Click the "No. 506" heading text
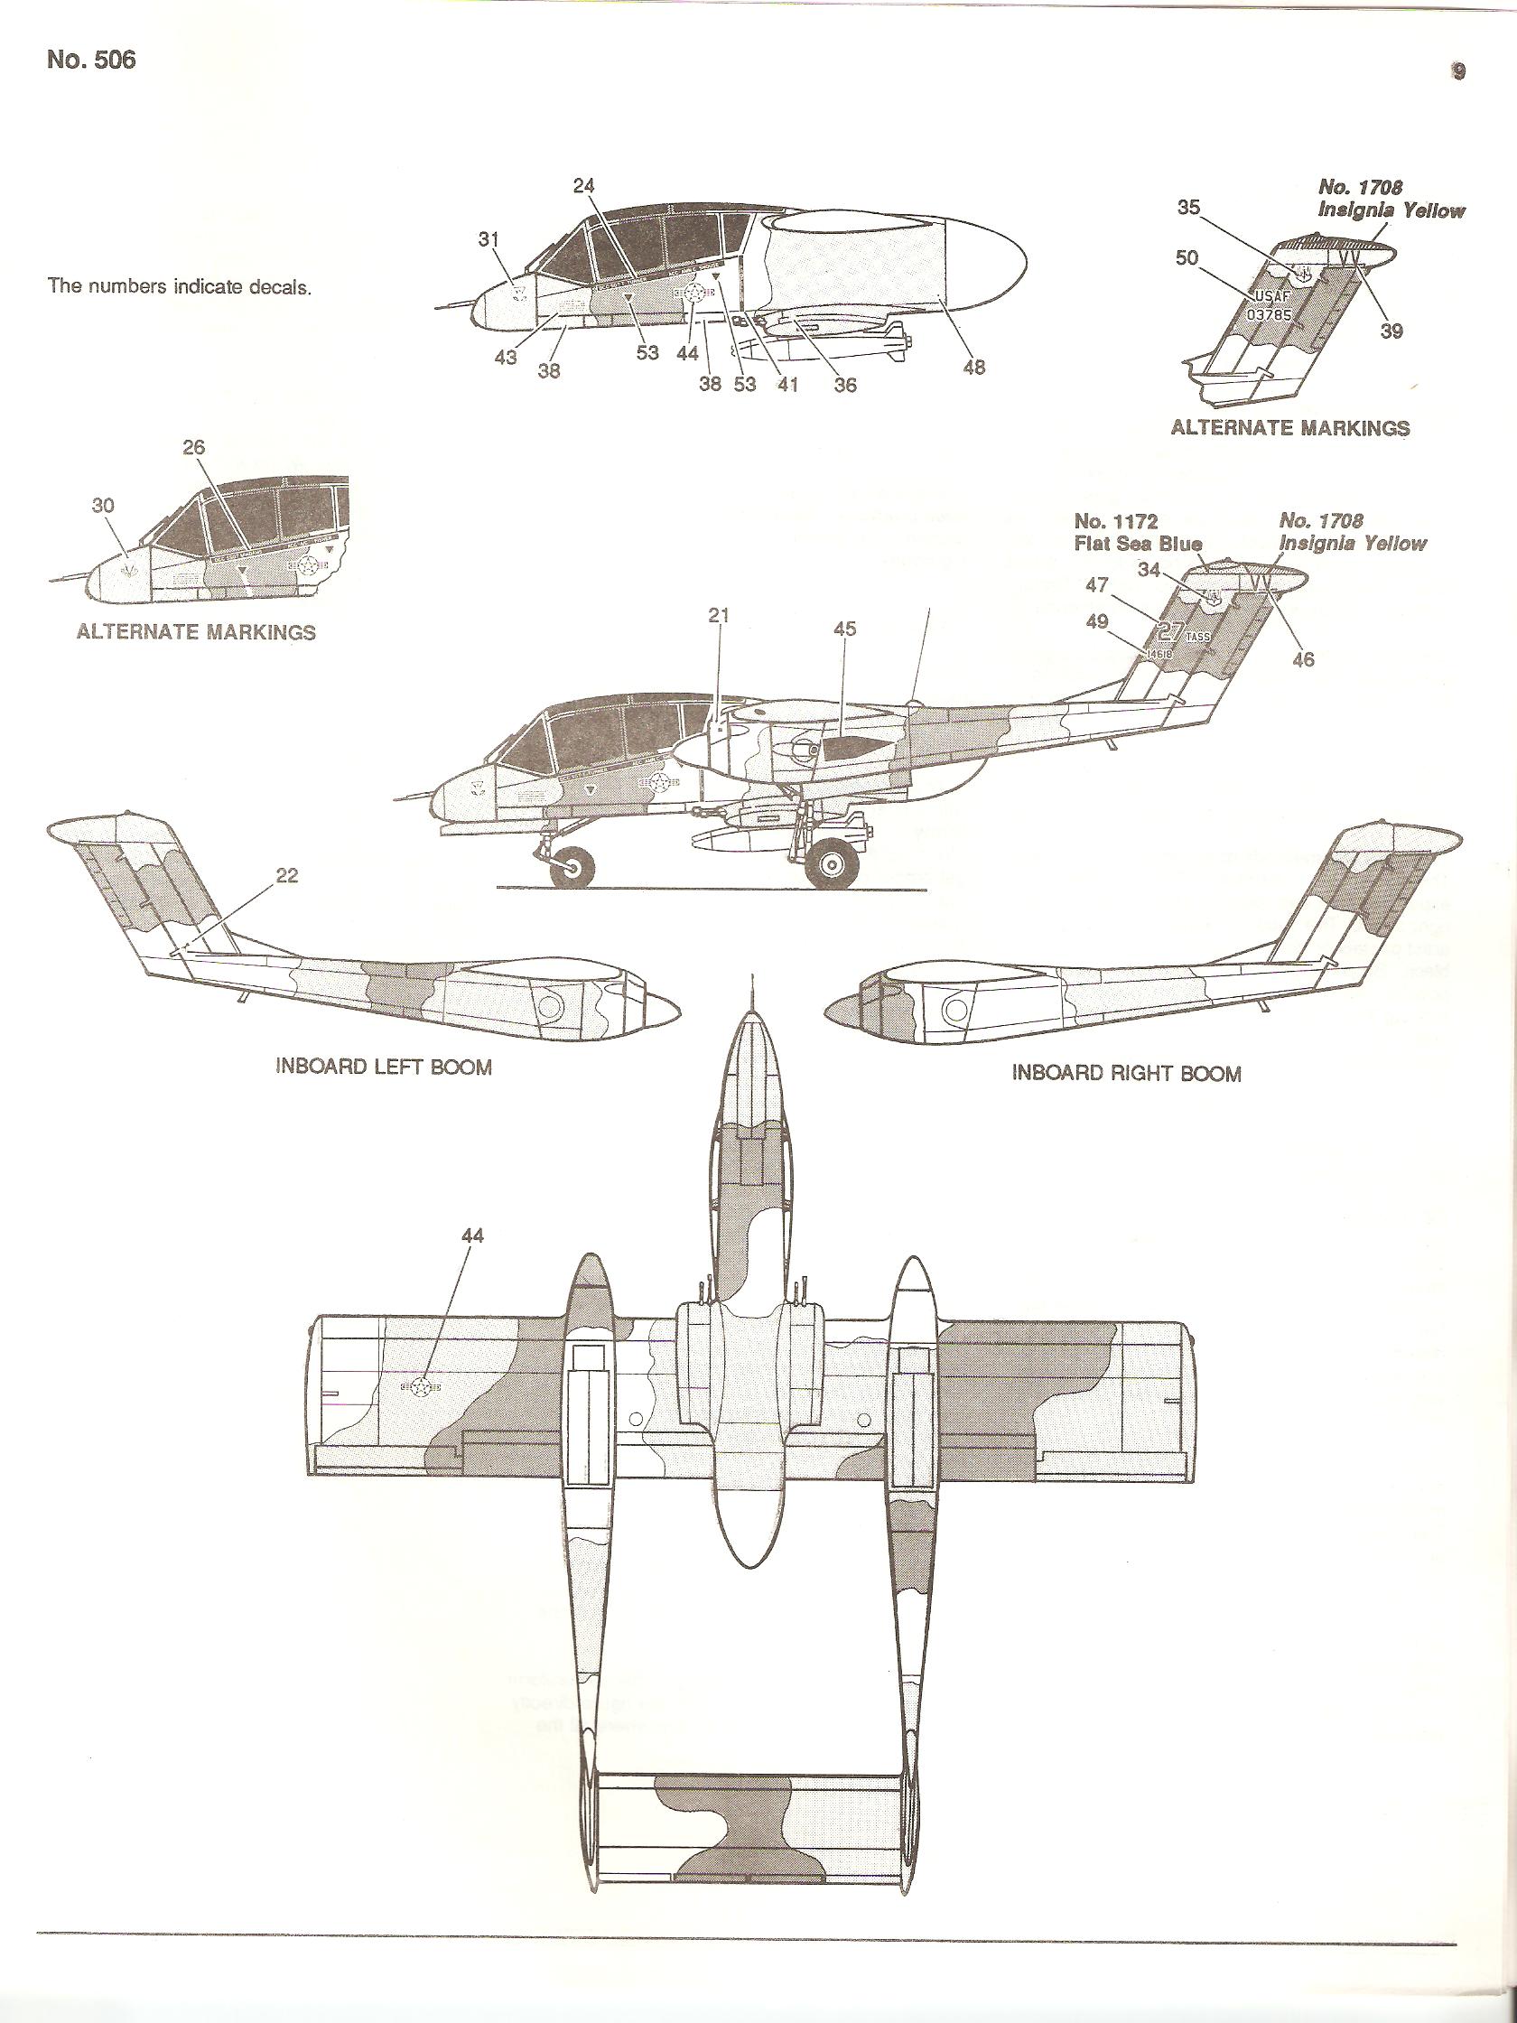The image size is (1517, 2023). [90, 61]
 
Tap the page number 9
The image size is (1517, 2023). [1458, 72]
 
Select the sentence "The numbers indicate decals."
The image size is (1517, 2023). [180, 286]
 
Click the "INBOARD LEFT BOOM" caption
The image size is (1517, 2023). [383, 1067]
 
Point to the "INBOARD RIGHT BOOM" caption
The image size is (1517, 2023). [1127, 1073]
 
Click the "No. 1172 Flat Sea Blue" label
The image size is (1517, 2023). [1138, 532]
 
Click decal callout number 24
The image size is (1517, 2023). [583, 187]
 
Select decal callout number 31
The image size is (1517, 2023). [490, 238]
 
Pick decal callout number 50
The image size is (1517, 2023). [1186, 259]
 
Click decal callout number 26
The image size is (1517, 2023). [194, 447]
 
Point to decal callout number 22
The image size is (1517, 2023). [286, 875]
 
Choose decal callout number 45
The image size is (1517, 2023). [844, 629]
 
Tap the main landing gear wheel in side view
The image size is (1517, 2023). [836, 862]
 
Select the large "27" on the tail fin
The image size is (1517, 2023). [1169, 630]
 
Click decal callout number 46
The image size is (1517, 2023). [1303, 657]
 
